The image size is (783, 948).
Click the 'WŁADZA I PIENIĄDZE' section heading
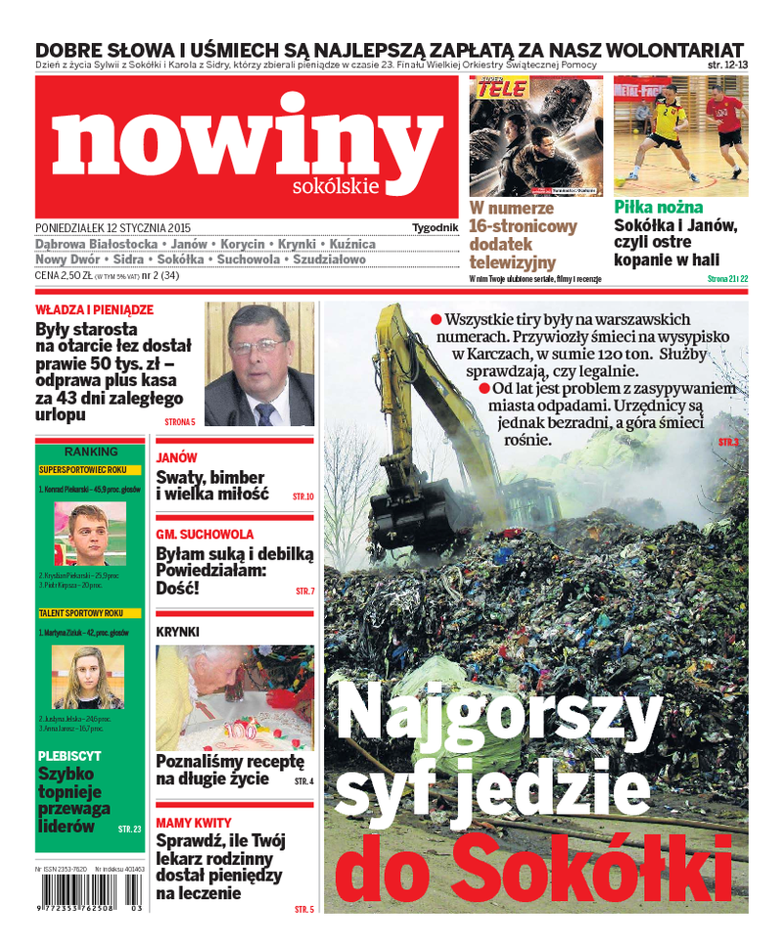(94, 309)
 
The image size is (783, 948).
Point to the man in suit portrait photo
(258, 363)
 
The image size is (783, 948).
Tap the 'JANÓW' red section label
(176, 457)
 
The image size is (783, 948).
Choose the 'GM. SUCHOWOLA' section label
(205, 535)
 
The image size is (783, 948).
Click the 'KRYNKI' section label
(177, 632)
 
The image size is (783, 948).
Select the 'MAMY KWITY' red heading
(193, 823)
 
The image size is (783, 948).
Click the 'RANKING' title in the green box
(90, 451)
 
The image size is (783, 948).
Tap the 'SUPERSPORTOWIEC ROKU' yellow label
(83, 470)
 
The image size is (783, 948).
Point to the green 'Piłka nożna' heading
(658, 207)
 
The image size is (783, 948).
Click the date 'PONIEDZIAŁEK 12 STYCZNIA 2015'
(113, 227)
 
